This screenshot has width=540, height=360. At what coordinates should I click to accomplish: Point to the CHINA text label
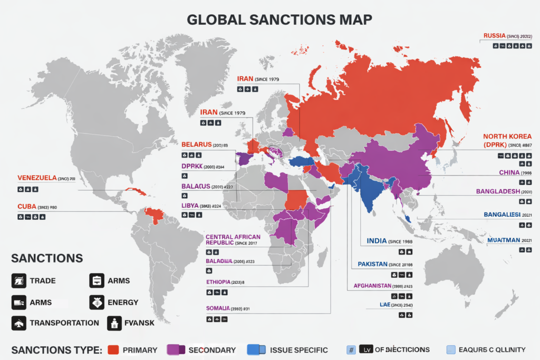point(509,172)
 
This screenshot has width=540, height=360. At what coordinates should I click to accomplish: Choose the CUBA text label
point(27,206)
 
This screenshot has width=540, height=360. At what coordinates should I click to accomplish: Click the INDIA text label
point(376,241)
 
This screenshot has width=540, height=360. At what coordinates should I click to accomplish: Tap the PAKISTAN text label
point(372,264)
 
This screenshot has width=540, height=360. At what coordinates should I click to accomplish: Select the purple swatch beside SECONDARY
point(176,349)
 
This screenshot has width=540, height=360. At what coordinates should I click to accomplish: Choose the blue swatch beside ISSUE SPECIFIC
point(256,349)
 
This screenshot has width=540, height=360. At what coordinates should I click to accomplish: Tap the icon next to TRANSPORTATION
point(19,323)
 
